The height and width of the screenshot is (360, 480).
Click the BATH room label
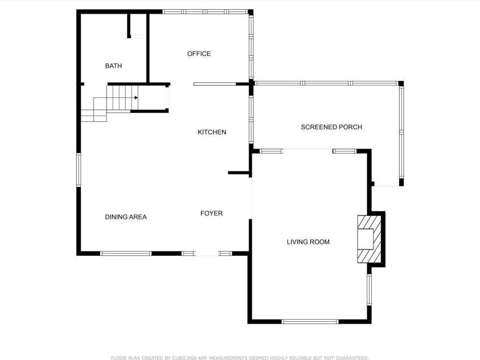(x=113, y=66)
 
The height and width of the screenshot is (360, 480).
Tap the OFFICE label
(x=199, y=54)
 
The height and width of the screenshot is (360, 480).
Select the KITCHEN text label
(x=212, y=132)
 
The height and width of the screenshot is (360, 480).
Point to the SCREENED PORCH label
(x=331, y=127)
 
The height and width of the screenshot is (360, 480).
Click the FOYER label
(x=211, y=214)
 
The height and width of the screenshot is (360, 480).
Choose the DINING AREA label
(x=126, y=217)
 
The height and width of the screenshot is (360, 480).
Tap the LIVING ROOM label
(x=308, y=242)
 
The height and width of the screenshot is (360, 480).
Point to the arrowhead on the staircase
(x=136, y=97)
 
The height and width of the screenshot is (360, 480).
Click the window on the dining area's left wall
(x=79, y=170)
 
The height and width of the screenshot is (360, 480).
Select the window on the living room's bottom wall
(x=310, y=321)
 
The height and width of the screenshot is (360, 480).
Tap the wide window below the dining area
(x=126, y=253)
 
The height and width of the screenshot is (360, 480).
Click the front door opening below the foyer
(x=207, y=253)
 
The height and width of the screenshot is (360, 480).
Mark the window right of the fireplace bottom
(x=369, y=289)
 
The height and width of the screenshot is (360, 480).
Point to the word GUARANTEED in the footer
(x=352, y=358)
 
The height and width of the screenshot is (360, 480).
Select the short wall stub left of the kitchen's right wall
(x=239, y=173)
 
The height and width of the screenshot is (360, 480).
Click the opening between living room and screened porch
(x=307, y=150)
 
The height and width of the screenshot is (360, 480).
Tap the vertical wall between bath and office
(x=148, y=48)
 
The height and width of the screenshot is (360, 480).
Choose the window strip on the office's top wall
(x=205, y=11)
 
